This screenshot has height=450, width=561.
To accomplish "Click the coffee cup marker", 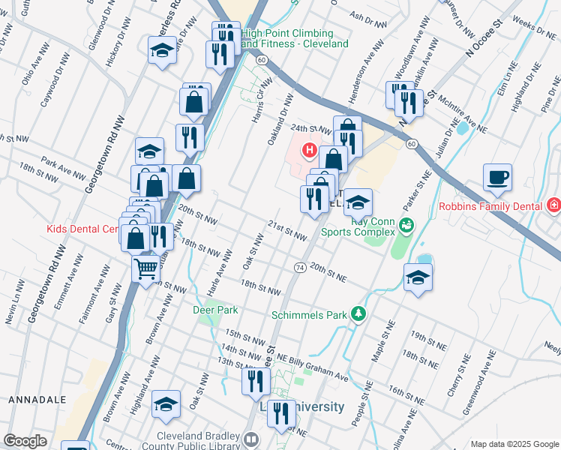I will coord(497,178).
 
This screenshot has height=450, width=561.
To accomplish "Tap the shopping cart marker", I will coord(146,268).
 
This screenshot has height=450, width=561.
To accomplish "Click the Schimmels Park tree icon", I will coord(359,313).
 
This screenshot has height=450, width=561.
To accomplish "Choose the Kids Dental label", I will coord(82,229).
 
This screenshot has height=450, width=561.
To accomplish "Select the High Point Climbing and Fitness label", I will coord(295,39).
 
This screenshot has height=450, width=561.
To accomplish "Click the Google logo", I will coord(25,441).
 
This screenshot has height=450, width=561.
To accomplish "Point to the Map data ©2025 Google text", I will coord(514,444).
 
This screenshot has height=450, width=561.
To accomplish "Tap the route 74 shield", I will coord(299,267).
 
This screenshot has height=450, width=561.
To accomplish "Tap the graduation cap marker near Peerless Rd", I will coord(161,51).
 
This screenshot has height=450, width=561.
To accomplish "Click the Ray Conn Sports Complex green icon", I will coord(406,223).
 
